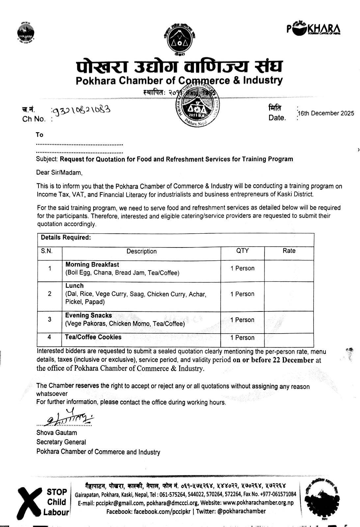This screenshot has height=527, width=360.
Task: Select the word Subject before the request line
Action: (x=47, y=159)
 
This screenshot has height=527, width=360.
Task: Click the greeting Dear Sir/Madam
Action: (x=59, y=172)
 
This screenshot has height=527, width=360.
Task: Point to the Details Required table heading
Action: (x=66, y=237)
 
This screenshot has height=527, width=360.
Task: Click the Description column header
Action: (x=141, y=251)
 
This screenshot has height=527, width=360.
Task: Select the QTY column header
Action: (x=242, y=251)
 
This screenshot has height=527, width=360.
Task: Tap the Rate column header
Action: (x=289, y=251)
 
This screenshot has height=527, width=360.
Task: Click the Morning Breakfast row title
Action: (x=92, y=264)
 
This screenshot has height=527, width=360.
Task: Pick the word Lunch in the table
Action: (x=74, y=285)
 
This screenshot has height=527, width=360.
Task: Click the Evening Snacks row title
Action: (x=89, y=315)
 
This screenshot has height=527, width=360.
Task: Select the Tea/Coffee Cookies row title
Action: (x=93, y=337)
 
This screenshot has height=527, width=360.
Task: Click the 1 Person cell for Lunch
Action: (x=242, y=294)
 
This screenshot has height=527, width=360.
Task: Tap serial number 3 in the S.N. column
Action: (x=49, y=319)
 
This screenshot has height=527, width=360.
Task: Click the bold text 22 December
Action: (x=293, y=360)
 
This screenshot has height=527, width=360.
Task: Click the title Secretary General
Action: (x=61, y=442)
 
